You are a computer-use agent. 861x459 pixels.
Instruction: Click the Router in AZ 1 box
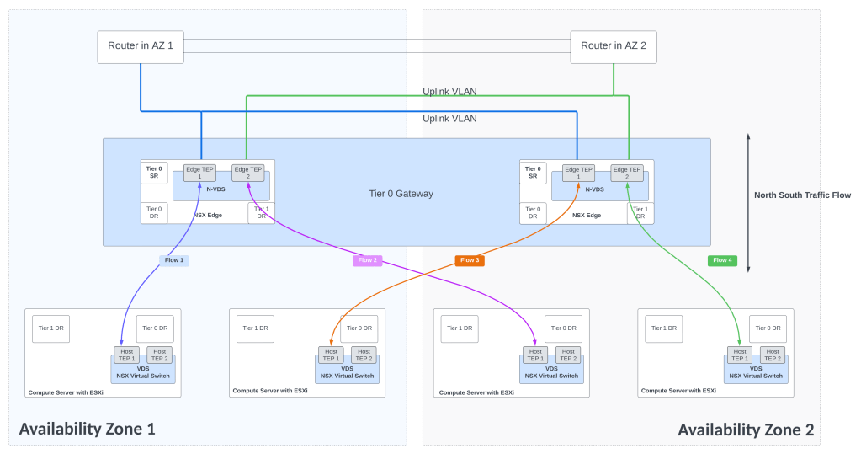click(x=141, y=46)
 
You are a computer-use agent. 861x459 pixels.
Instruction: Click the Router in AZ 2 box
click(x=613, y=46)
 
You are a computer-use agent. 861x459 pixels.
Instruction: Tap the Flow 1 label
click(x=174, y=260)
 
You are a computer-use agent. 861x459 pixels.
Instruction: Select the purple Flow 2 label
click(x=367, y=260)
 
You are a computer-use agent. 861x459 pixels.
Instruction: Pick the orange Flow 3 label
click(x=470, y=260)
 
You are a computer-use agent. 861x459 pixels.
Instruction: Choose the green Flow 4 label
click(x=722, y=260)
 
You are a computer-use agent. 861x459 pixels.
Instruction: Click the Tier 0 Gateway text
click(x=401, y=194)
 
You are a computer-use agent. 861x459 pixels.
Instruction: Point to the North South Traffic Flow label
click(x=802, y=195)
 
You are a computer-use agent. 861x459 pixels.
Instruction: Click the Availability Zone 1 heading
click(x=88, y=429)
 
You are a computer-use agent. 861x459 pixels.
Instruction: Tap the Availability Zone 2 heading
click(x=746, y=429)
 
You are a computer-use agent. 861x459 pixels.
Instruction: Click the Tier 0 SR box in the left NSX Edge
click(x=154, y=172)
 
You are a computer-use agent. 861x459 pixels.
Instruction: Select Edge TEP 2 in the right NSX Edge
click(x=627, y=173)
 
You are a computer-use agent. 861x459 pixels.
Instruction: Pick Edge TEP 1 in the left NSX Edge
click(x=199, y=173)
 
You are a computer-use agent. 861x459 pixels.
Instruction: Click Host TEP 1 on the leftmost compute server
click(x=126, y=355)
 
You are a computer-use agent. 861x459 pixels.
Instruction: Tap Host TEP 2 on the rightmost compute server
click(x=773, y=355)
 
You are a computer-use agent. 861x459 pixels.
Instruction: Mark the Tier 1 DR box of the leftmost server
click(x=50, y=328)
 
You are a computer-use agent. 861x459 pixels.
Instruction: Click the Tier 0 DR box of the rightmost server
click(x=768, y=328)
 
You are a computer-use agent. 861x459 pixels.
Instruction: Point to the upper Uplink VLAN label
click(x=449, y=92)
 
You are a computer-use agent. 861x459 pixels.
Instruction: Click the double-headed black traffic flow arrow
click(x=747, y=202)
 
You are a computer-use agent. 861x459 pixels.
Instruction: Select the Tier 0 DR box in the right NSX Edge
click(x=533, y=213)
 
